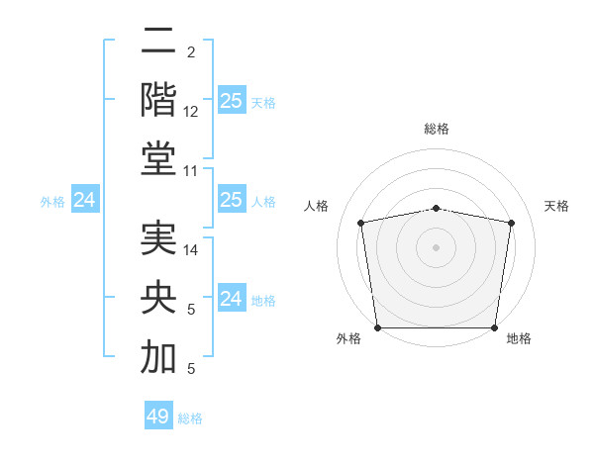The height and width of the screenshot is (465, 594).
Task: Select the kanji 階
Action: point(158,99)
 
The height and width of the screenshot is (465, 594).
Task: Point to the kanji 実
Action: point(158,238)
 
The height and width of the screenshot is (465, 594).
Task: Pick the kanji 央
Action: point(158,298)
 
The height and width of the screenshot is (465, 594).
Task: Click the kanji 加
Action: point(158,358)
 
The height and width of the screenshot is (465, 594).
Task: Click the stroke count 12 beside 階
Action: point(191,113)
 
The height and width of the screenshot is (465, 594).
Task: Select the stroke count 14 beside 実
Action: point(191,250)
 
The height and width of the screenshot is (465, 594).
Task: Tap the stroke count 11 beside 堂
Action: point(191,172)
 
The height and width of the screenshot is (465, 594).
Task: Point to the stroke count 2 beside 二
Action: point(190,51)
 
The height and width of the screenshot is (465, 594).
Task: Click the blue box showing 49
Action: point(158,417)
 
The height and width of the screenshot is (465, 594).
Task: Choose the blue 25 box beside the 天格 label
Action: point(232,101)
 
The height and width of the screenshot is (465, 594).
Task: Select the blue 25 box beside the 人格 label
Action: point(232,201)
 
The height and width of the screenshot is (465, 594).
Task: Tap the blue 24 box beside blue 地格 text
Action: point(232,299)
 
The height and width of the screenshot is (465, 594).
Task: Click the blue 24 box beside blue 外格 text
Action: point(85,201)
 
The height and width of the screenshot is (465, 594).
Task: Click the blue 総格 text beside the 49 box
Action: point(190,418)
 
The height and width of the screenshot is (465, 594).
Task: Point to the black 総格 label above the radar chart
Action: point(437,129)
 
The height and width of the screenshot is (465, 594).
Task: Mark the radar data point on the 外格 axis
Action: point(377,327)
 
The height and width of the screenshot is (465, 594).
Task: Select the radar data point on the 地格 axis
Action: point(495,327)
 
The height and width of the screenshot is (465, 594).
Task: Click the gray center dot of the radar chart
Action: point(437,246)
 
